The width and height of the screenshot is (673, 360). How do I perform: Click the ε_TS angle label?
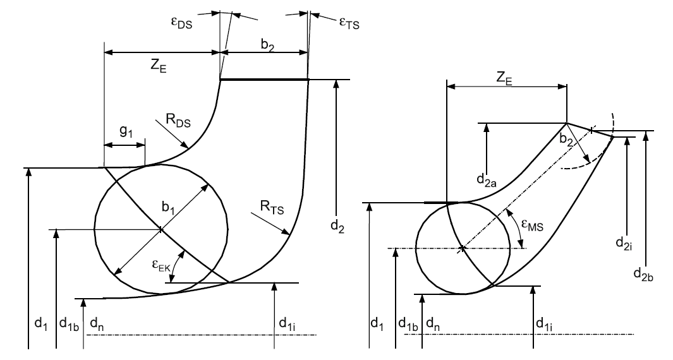coord(349,23)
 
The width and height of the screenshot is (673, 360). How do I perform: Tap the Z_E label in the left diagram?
coord(158,66)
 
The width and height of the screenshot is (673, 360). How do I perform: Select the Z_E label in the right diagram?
coord(504,78)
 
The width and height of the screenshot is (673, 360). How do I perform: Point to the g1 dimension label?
coord(126,133)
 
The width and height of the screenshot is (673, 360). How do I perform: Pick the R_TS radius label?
coord(272,207)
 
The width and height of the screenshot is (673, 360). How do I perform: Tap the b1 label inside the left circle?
coord(168,208)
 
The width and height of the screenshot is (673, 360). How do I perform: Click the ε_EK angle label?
coord(161,265)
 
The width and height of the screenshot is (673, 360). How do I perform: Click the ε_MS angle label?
coord(531,225)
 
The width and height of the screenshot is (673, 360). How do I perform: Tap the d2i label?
coord(623,243)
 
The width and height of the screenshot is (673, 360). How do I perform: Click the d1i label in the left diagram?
coord(287,323)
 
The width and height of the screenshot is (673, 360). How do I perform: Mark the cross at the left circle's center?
coord(161,229)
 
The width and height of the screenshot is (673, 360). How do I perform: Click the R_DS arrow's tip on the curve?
coord(189,148)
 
